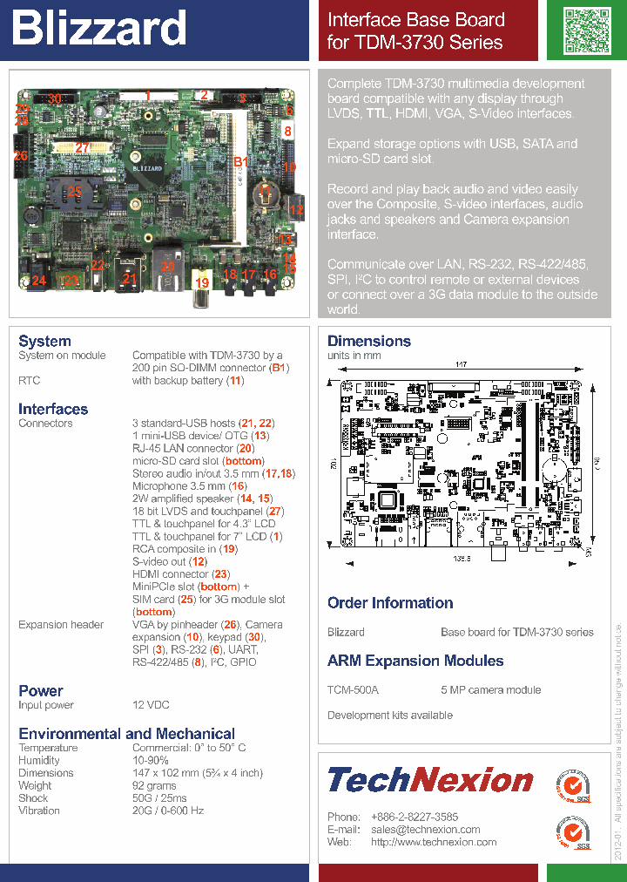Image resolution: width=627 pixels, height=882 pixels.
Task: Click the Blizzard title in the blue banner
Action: tap(98, 30)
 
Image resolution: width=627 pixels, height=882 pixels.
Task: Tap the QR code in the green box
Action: tap(586, 30)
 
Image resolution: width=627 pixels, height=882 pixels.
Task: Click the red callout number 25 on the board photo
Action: tap(75, 191)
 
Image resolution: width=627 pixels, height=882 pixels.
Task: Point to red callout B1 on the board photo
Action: tap(241, 162)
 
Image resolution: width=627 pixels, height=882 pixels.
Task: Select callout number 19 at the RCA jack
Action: tap(202, 282)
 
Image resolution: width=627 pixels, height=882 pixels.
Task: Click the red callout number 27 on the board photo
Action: tap(83, 148)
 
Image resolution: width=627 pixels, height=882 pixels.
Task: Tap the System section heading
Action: tap(44, 341)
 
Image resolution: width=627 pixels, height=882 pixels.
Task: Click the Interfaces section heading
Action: tap(53, 409)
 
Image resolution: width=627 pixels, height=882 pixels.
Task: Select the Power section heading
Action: tap(40, 690)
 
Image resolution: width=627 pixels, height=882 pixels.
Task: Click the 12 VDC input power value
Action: tap(151, 705)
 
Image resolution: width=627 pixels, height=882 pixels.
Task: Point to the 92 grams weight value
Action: tap(154, 785)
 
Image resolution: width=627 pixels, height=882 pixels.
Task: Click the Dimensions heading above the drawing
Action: tap(368, 341)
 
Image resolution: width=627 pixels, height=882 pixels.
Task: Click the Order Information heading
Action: tap(390, 602)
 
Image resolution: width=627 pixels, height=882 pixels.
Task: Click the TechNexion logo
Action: tap(429, 779)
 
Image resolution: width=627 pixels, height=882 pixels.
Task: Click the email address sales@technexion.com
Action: tap(425, 830)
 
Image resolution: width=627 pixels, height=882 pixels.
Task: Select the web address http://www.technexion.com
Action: tap(433, 842)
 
